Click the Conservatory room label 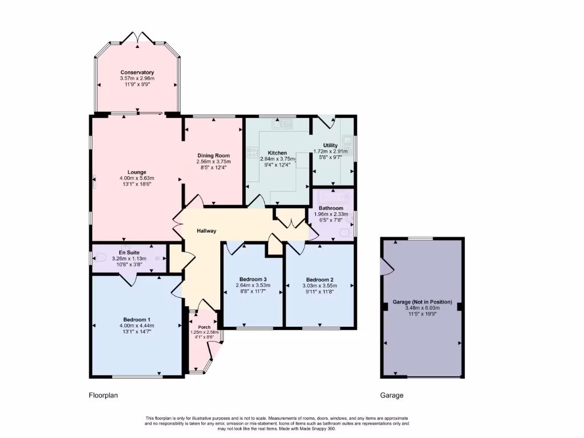(137, 72)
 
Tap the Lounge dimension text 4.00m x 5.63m (137, 179)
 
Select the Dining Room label (213, 156)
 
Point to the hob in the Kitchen (251, 152)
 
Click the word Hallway (206, 231)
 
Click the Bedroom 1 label (137, 319)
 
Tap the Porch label (204, 327)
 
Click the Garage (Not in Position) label (422, 302)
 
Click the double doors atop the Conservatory (137, 38)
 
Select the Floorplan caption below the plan (103, 395)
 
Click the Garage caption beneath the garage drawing (391, 395)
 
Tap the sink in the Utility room (347, 140)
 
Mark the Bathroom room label (330, 208)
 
